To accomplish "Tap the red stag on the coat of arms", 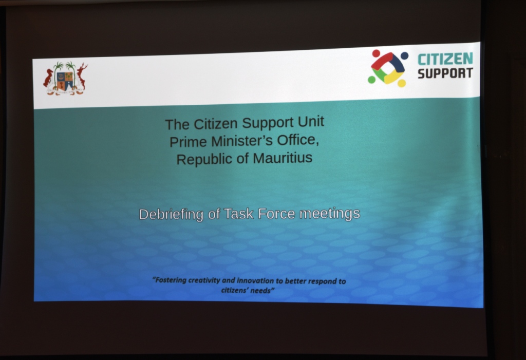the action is (82, 77).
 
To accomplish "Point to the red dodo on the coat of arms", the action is (49, 79).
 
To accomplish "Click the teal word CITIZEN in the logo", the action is (445, 60).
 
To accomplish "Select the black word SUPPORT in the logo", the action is (445, 73).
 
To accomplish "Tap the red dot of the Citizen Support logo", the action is (376, 54).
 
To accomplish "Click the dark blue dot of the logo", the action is (405, 55).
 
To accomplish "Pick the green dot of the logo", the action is (372, 80).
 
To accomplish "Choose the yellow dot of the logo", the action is (402, 83).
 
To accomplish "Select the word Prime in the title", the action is (188, 142).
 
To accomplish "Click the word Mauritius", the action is (283, 158).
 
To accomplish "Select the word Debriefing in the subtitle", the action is (171, 214).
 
